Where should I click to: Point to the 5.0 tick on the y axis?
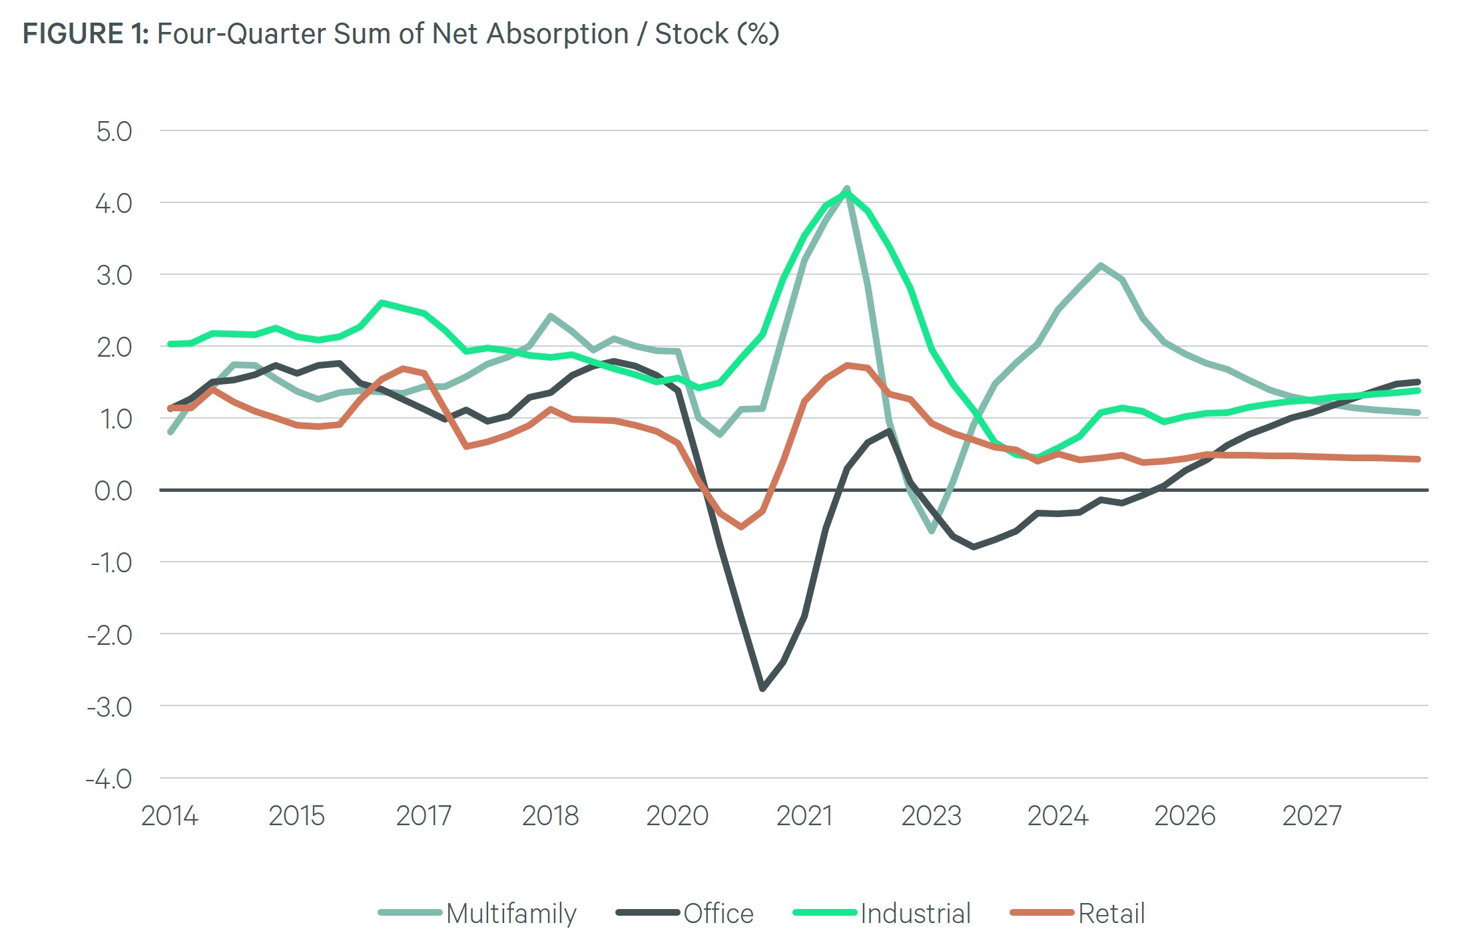coord(114,131)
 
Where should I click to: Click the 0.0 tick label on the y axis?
coord(113,490)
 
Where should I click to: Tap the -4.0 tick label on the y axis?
coord(109,779)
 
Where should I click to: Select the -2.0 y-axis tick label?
coord(110,635)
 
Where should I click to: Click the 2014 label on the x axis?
coord(169,815)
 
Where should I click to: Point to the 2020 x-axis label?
coord(677,815)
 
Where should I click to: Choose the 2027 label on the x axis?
coord(1312,815)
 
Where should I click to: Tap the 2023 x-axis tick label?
coord(931,815)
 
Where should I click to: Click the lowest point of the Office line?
coord(762,688)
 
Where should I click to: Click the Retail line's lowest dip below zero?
coord(741,526)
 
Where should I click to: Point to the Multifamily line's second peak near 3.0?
coord(1100,266)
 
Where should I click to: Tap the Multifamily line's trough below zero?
coord(932,531)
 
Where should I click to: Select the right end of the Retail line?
coord(1418,459)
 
